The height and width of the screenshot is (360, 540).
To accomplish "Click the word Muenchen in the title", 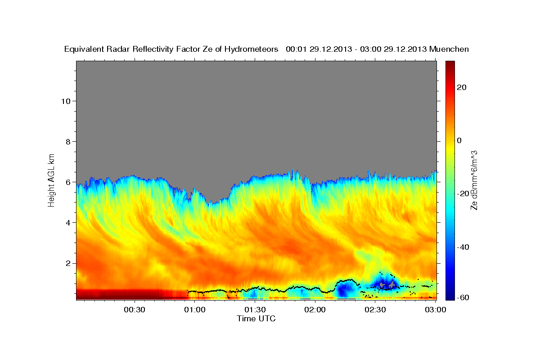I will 449,49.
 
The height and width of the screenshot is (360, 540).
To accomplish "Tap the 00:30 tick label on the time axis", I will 135,310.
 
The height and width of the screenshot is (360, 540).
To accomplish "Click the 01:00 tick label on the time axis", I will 195,310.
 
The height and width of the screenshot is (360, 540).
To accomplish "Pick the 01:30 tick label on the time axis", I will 255,310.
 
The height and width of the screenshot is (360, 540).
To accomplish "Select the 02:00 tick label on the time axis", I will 315,310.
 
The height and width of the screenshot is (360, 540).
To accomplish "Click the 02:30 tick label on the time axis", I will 375,310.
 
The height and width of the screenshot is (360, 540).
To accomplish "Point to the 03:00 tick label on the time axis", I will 435,310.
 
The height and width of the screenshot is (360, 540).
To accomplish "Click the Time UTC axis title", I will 256,319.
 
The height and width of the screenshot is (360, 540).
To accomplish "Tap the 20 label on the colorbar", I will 460,87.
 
